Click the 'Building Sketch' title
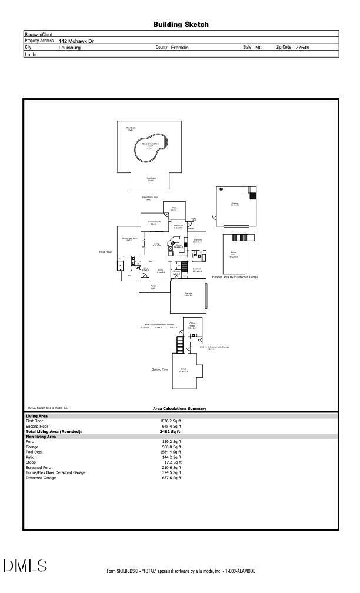pyautogui.click(x=181, y=25)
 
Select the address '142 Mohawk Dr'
pyautogui.click(x=76, y=41)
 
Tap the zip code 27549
pyautogui.click(x=302, y=48)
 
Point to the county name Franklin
pyautogui.click(x=179, y=48)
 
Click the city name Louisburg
pyautogui.click(x=69, y=48)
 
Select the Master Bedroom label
pyautogui.click(x=129, y=239)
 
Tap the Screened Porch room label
pyautogui.click(x=154, y=223)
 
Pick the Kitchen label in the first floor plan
pyautogui.click(x=178, y=246)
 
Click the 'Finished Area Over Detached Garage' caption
pyautogui.click(x=235, y=277)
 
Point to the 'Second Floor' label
pyautogui.click(x=161, y=369)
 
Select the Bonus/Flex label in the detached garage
pyautogui.click(x=233, y=255)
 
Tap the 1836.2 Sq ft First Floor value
pyautogui.click(x=171, y=421)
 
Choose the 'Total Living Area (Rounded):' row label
pyautogui.click(x=54, y=432)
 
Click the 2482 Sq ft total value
pyautogui.click(x=171, y=432)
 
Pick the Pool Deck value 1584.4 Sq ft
pyautogui.click(x=171, y=452)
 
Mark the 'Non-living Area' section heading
pyautogui.click(x=41, y=437)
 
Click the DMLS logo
pyautogui.click(x=25, y=566)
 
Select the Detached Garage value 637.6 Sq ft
pyautogui.click(x=171, y=478)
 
